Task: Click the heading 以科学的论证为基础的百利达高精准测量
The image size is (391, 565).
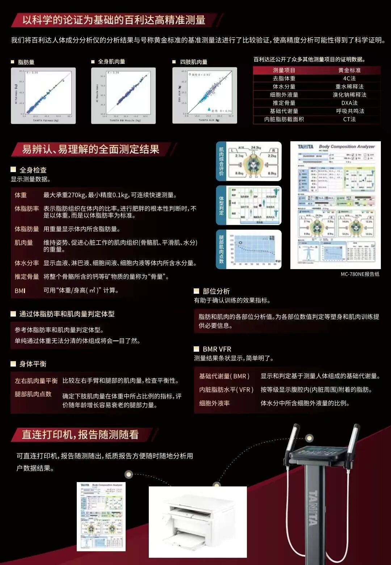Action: (114, 20)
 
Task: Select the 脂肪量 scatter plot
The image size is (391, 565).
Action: (43, 96)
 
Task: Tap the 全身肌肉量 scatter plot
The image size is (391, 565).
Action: (123, 96)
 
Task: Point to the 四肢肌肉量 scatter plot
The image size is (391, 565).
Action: (205, 95)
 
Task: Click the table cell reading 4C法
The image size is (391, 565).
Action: (349, 78)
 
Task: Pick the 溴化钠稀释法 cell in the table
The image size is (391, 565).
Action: (349, 95)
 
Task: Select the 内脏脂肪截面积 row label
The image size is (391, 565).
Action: (284, 119)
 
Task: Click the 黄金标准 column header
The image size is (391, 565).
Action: (349, 70)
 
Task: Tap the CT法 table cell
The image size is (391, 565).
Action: (349, 119)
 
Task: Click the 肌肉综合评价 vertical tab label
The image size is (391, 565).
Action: (221, 161)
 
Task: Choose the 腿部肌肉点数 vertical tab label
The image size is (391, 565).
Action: (221, 249)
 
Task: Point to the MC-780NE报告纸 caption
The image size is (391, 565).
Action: (360, 274)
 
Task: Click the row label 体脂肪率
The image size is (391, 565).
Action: (26, 209)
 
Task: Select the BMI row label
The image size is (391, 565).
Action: (20, 291)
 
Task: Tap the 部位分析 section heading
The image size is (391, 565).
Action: (216, 291)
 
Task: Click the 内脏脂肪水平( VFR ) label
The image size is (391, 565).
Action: (226, 390)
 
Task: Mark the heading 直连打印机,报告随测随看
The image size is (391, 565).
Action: (80, 435)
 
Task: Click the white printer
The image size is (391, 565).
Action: (198, 521)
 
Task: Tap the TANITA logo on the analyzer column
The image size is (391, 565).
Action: (313, 507)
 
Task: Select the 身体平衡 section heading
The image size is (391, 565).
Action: (33, 364)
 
